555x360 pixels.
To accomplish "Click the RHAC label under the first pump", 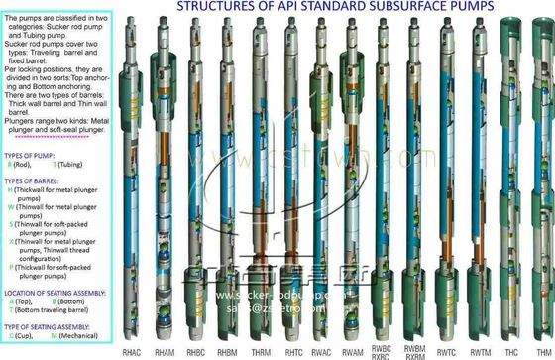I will [x=133, y=351].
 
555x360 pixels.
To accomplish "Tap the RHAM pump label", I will [x=166, y=351].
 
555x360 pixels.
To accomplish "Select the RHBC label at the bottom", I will [x=197, y=351].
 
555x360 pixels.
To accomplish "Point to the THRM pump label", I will [x=262, y=351].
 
